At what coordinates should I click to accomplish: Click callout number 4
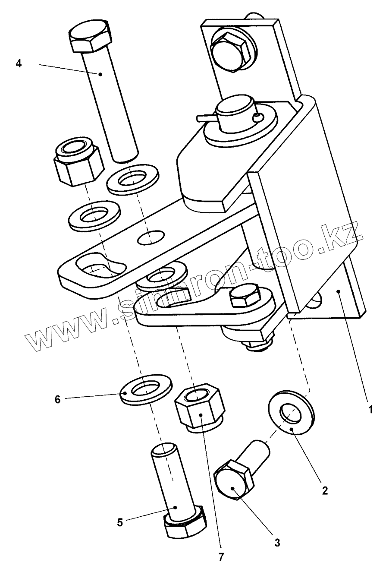point(18,63)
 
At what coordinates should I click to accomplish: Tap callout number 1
point(370,408)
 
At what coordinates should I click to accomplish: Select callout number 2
point(325,490)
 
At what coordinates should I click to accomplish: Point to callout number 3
point(278,541)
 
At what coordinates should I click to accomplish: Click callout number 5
point(120,522)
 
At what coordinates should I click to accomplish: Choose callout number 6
point(58,399)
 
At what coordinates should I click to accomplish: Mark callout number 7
point(221,557)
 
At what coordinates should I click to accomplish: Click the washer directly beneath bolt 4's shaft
point(132,177)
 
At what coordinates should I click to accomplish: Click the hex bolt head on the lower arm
point(245,296)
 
